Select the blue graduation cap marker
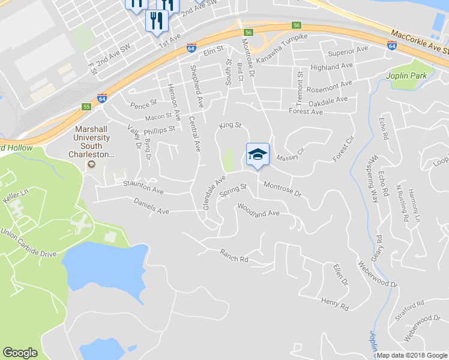coord(258,155)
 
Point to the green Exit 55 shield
coord(86,107)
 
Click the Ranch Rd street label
coord(234,256)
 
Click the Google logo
coord(20,353)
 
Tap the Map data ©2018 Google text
coord(412,355)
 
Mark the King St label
coord(229,125)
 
